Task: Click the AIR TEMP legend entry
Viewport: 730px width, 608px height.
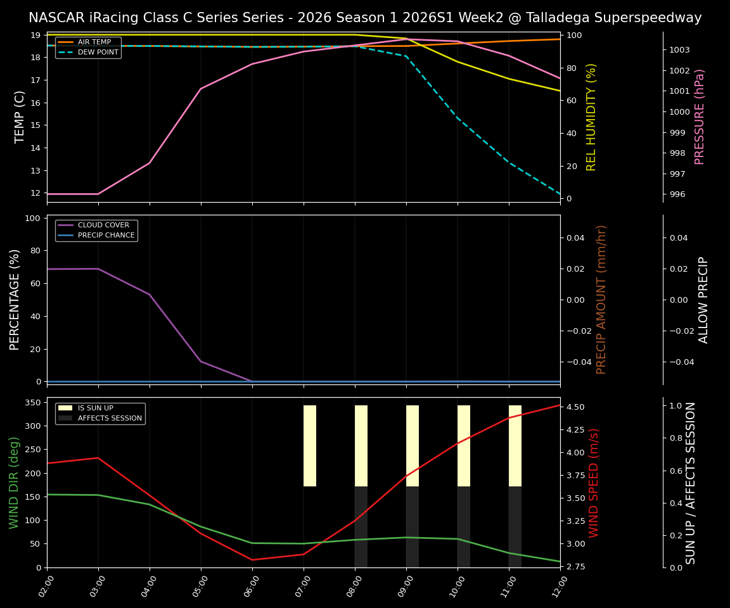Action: (x=94, y=42)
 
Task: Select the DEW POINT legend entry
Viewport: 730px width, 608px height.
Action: (x=98, y=53)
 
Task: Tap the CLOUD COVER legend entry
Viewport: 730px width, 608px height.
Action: (x=103, y=225)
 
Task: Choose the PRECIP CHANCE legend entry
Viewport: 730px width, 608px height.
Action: (x=106, y=236)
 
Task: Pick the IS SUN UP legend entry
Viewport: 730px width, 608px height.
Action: (x=95, y=408)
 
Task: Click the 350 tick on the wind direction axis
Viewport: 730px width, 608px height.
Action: (x=34, y=403)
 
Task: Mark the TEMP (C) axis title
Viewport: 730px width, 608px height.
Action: (x=20, y=117)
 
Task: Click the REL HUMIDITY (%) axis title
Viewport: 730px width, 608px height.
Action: (x=592, y=117)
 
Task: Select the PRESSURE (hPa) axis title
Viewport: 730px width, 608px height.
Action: (x=700, y=117)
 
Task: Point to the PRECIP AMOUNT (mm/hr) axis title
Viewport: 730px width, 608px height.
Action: (x=602, y=300)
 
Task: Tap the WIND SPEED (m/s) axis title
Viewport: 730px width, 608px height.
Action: (x=594, y=483)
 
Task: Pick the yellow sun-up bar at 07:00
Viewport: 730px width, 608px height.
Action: (x=310, y=446)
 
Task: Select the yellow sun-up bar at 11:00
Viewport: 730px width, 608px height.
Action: (x=515, y=446)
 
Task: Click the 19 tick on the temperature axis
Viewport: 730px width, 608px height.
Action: (x=36, y=35)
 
